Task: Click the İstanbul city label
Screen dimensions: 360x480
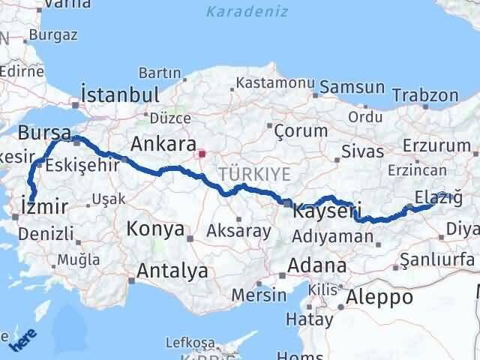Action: [x=119, y=95]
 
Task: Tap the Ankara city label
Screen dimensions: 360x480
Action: [x=163, y=143]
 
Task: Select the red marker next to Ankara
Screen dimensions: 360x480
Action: [x=200, y=154]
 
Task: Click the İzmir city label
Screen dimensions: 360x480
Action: [x=46, y=206]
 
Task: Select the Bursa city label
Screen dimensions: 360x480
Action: [x=45, y=133]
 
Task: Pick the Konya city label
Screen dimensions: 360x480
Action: [x=155, y=228]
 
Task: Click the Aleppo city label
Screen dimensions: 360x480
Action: [x=379, y=297]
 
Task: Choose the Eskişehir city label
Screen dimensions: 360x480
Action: [x=82, y=165]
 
